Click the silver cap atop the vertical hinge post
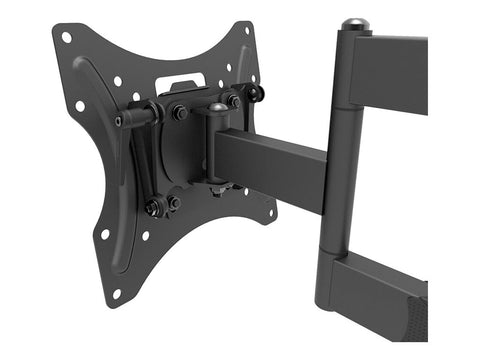click(353, 24)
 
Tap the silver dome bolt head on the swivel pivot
click(217, 106)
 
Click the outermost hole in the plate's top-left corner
click(66, 37)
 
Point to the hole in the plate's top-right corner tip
click(245, 30)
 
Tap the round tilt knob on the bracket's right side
click(257, 93)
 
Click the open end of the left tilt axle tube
click(119, 121)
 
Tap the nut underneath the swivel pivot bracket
click(217, 189)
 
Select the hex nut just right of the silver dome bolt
click(233, 102)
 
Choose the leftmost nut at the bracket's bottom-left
click(153, 208)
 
